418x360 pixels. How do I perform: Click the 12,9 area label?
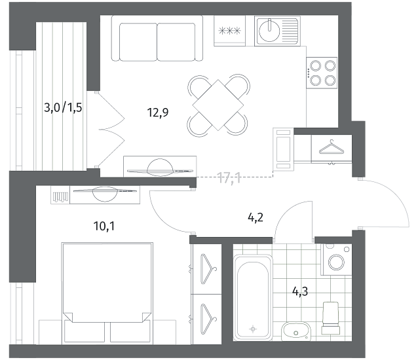pos(158,113)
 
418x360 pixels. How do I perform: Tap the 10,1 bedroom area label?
pos(104,226)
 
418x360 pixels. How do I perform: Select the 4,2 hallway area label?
pos(256,218)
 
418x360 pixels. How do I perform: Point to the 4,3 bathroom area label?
pos(300,291)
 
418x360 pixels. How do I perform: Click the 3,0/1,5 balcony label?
pos(63,108)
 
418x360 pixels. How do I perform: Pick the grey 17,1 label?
pos(229,178)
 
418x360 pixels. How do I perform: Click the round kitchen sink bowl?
pos(269,31)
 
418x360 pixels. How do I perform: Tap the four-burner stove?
pos(322,73)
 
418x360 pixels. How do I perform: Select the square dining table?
pos(218,105)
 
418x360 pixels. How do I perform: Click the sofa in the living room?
pos(157,39)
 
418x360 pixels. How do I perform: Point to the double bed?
pos(107,292)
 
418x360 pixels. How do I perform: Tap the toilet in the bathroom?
pos(331,318)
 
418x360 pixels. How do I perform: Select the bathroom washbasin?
pos(296,331)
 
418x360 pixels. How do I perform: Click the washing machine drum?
pos(336,262)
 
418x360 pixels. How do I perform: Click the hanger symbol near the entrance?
pos(332,147)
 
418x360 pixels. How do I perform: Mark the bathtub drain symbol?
pos(253,329)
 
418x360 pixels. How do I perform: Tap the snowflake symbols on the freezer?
pos(229,31)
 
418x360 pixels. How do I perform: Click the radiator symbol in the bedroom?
pos(60,197)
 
